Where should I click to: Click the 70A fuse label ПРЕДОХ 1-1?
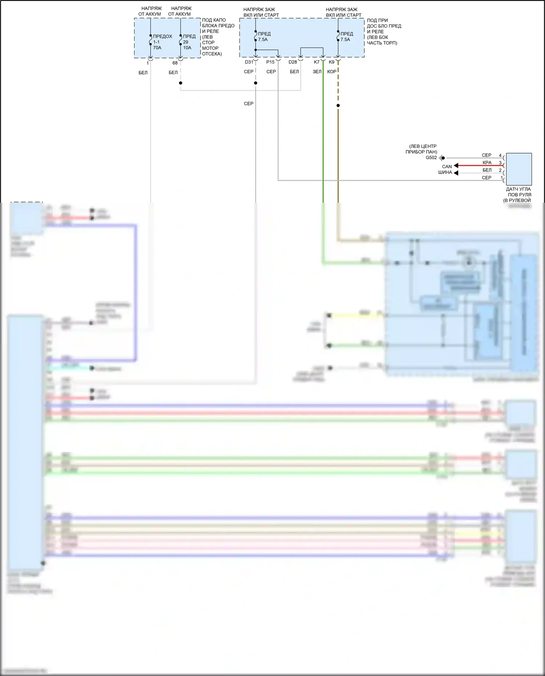162,42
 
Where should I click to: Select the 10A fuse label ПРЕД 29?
189,42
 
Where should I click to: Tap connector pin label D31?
249,62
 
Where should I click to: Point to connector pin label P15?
270,62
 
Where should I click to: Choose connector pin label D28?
293,62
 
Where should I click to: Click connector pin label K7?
316,62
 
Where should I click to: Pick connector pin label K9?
331,62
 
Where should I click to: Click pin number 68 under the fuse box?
175,63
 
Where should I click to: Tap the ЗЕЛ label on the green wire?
317,72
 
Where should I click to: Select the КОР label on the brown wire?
331,72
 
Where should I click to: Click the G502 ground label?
431,158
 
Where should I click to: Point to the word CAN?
447,167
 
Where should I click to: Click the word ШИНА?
445,173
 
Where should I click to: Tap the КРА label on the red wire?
487,163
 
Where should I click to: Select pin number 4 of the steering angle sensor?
500,155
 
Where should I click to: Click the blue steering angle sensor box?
518,169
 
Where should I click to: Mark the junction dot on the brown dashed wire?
338,106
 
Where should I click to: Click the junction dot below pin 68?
181,83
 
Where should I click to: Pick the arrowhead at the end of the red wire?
456,166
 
